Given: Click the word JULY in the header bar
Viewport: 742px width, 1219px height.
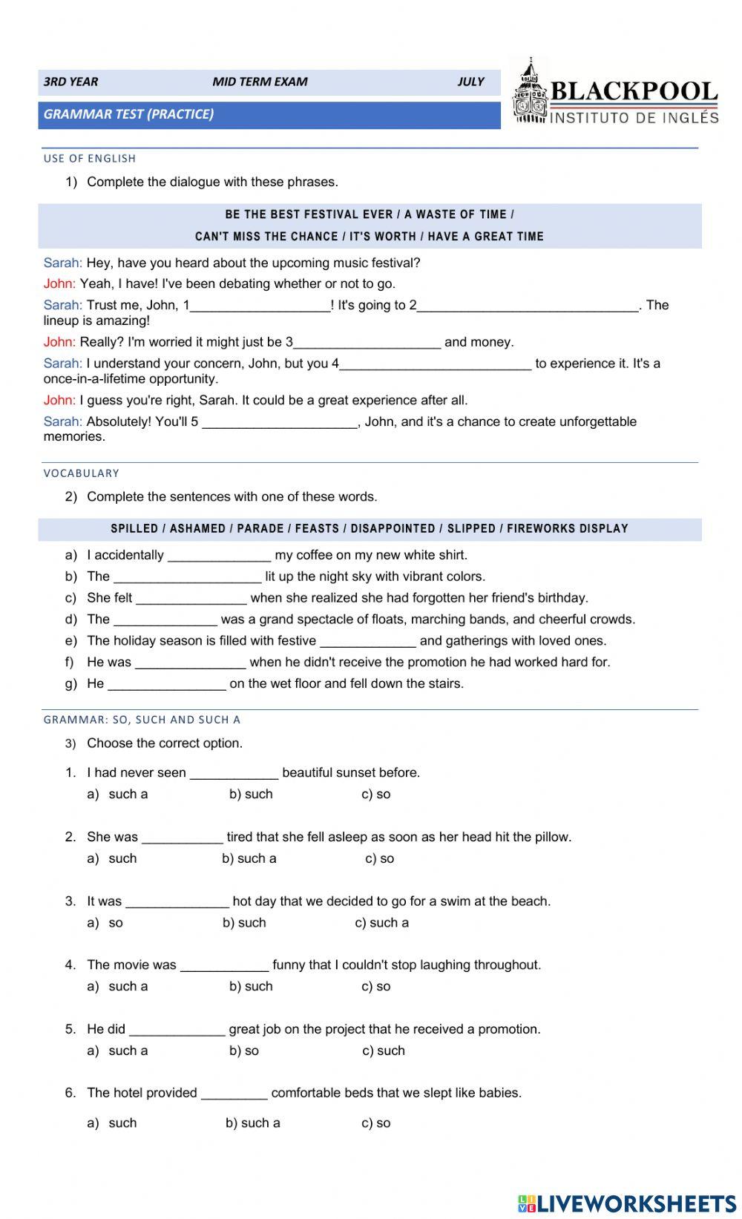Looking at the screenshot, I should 470,82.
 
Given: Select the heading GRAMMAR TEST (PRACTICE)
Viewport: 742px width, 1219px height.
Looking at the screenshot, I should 128,114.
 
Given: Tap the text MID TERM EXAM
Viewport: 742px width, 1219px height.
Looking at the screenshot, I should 260,82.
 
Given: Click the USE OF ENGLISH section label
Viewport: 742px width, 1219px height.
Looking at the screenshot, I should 90,159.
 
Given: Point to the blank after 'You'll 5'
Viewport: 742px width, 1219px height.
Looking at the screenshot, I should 280,422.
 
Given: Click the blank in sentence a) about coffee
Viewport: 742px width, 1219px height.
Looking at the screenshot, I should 219,556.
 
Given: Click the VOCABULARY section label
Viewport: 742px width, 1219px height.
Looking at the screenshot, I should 82,473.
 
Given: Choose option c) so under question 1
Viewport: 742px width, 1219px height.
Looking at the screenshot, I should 376,795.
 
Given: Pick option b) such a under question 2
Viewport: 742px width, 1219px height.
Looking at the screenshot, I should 249,859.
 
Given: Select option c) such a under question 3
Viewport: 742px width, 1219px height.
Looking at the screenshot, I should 381,923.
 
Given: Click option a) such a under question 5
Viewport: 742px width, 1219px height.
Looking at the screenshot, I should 119,1051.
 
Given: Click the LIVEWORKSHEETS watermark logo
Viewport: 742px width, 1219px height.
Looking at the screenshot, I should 627,1203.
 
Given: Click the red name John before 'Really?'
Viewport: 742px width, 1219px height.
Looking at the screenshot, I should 59,343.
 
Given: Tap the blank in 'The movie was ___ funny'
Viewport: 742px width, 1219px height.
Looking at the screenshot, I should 224,965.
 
